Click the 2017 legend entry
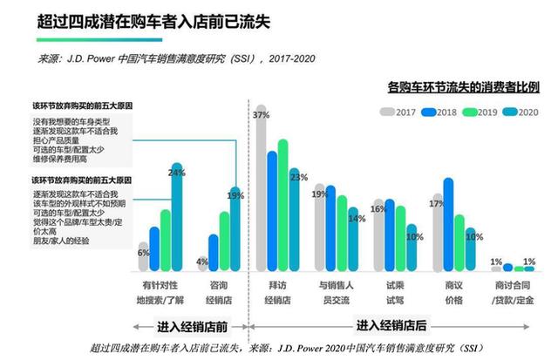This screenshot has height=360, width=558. (x=399, y=112)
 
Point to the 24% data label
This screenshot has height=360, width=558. (x=177, y=173)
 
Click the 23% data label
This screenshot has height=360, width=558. (x=299, y=178)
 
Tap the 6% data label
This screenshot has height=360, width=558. (x=145, y=253)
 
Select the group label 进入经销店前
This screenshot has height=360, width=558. (x=193, y=326)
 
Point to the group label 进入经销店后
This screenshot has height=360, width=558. (x=391, y=326)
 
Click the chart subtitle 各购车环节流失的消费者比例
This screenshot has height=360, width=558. (x=463, y=87)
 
